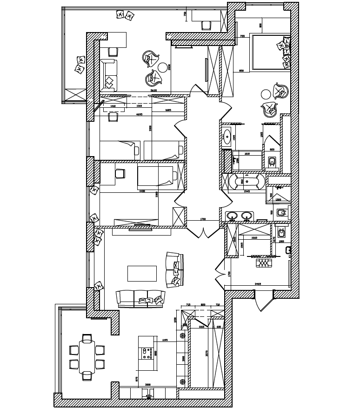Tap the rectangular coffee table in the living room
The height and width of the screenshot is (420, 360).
[x=142, y=273]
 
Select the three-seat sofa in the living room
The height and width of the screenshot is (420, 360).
[x=140, y=298]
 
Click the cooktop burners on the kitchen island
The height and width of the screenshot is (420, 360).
[x=146, y=354]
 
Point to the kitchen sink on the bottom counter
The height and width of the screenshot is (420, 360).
[x=148, y=396]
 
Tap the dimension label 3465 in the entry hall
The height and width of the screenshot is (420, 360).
[x=258, y=283]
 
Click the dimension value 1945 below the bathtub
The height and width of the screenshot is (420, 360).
[x=247, y=191]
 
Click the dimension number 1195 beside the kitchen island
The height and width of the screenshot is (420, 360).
[x=165, y=341]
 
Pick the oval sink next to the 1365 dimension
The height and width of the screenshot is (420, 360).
[x=227, y=136]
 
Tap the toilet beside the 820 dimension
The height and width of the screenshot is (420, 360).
[x=272, y=162]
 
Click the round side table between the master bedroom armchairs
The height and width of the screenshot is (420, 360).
[x=266, y=94]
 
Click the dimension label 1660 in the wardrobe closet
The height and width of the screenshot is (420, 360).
[x=254, y=238]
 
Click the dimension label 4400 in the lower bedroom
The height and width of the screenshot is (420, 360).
[x=142, y=191]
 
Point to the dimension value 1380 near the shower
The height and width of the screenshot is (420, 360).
[x=278, y=199]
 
